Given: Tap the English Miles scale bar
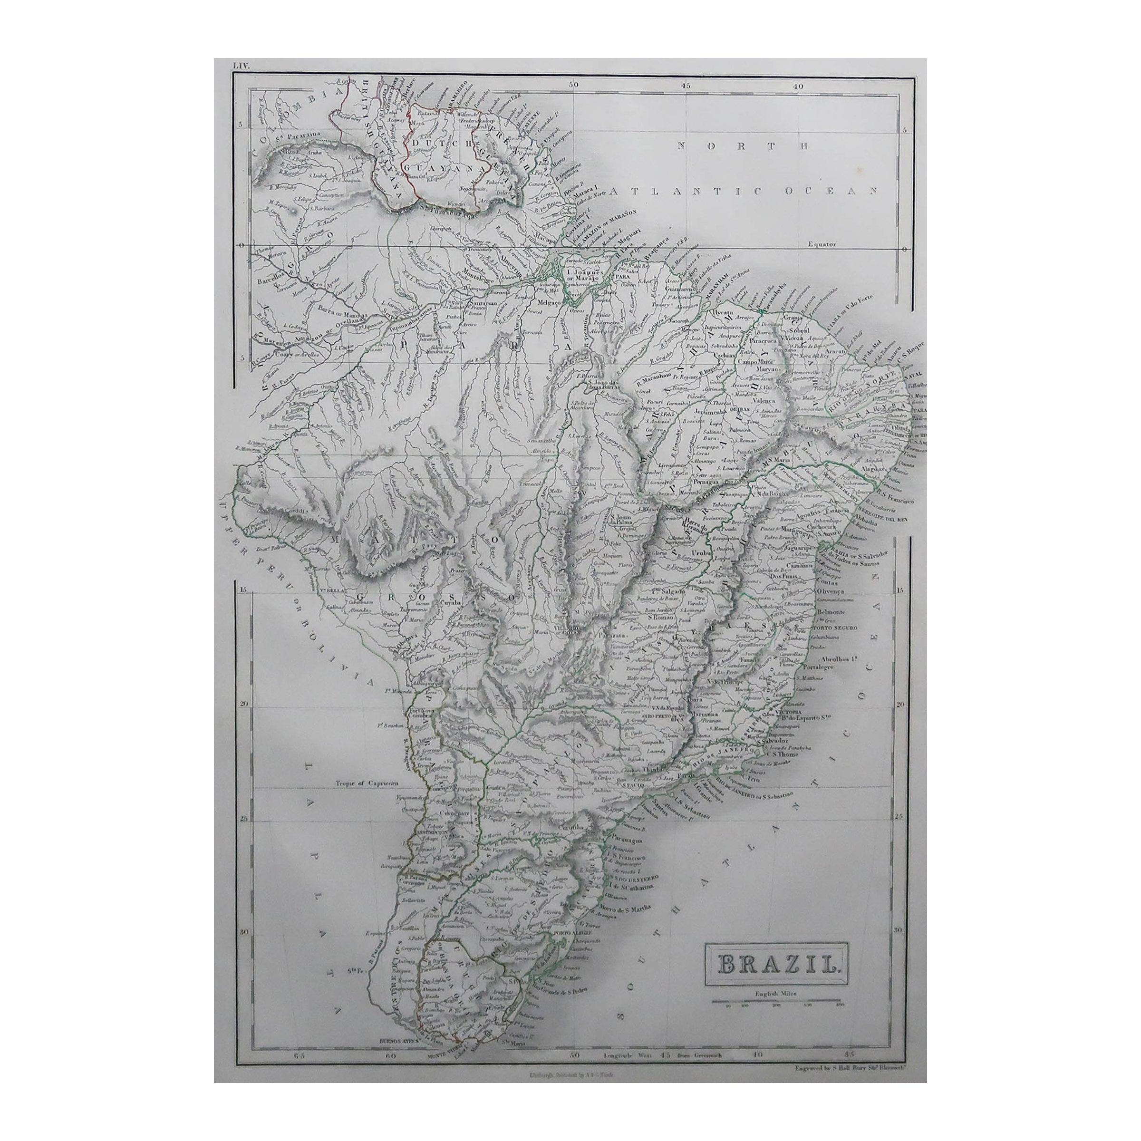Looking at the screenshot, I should click(x=776, y=1002).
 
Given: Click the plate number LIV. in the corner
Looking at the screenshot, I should click(x=241, y=66).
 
